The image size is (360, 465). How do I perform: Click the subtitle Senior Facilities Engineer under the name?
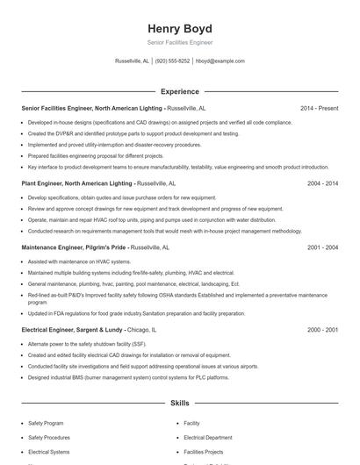(179, 42)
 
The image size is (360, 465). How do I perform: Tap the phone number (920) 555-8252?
(172, 61)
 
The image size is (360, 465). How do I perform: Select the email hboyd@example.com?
(220, 61)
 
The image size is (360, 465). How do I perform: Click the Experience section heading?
(179, 91)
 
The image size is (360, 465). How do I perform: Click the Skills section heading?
(179, 404)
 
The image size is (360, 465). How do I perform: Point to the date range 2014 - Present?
(319, 108)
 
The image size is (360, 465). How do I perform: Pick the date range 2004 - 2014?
(322, 184)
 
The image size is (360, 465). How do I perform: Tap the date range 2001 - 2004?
(322, 248)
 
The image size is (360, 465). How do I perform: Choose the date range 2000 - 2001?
(322, 330)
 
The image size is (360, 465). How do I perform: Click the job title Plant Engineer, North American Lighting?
(77, 184)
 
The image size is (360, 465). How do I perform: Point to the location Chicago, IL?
(141, 330)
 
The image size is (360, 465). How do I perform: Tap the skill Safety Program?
(46, 423)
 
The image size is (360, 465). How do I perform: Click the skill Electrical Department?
(208, 437)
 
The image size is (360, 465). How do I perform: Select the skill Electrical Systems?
(48, 451)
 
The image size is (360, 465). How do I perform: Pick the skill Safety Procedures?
(49, 437)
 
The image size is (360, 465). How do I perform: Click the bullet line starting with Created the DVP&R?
(133, 133)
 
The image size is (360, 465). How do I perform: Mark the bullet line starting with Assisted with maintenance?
(79, 261)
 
